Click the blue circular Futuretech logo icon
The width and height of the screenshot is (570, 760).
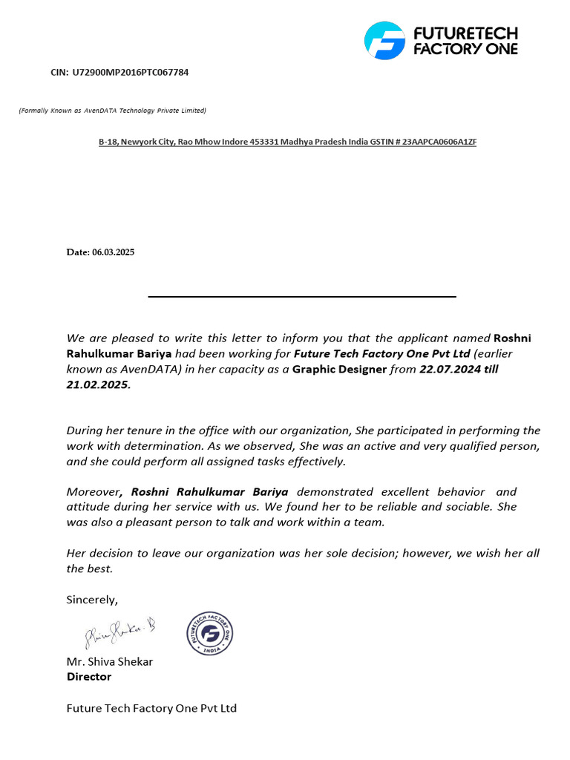click(384, 40)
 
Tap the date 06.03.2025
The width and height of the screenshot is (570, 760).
click(114, 252)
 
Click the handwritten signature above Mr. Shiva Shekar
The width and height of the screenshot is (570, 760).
click(119, 633)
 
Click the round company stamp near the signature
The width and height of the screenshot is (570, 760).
click(210, 634)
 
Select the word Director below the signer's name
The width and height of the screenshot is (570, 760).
click(89, 676)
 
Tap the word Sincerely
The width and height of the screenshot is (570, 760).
click(92, 599)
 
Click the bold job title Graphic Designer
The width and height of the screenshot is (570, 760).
click(339, 369)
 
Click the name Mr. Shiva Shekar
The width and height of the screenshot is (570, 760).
click(110, 661)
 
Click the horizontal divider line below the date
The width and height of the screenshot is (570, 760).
click(302, 296)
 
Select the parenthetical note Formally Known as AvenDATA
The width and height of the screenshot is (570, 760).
click(112, 111)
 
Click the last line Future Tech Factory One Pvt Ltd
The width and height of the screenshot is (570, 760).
click(151, 708)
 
